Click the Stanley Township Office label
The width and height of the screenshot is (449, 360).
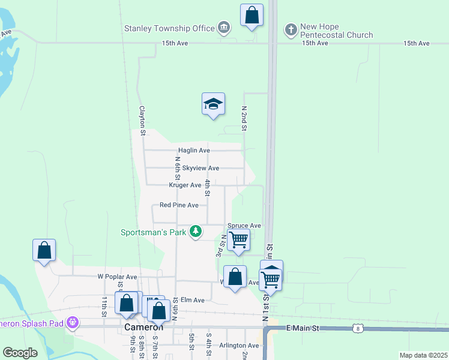pos(169,28)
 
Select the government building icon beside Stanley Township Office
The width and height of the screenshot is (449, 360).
pos(224,28)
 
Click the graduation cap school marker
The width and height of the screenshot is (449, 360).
pos(213,104)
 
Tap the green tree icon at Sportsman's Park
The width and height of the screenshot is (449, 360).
pos(196,232)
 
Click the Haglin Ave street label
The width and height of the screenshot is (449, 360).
pos(194,150)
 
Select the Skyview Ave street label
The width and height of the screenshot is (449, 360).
pos(200,168)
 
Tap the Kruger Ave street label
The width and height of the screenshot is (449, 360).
pos(185,185)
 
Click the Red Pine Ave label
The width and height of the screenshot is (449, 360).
pos(179,205)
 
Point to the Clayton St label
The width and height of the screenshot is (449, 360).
pos(142,119)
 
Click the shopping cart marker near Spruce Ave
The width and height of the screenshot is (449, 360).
pos(239,240)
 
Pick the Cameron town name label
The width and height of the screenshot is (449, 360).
pos(144,328)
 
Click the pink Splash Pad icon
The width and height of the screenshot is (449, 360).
pos(73,323)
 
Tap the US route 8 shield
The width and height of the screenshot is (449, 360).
pos(358,328)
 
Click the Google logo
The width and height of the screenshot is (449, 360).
pos(20,353)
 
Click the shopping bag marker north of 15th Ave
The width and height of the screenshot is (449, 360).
pos(252,16)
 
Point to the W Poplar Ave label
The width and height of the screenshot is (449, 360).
pos(117,277)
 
